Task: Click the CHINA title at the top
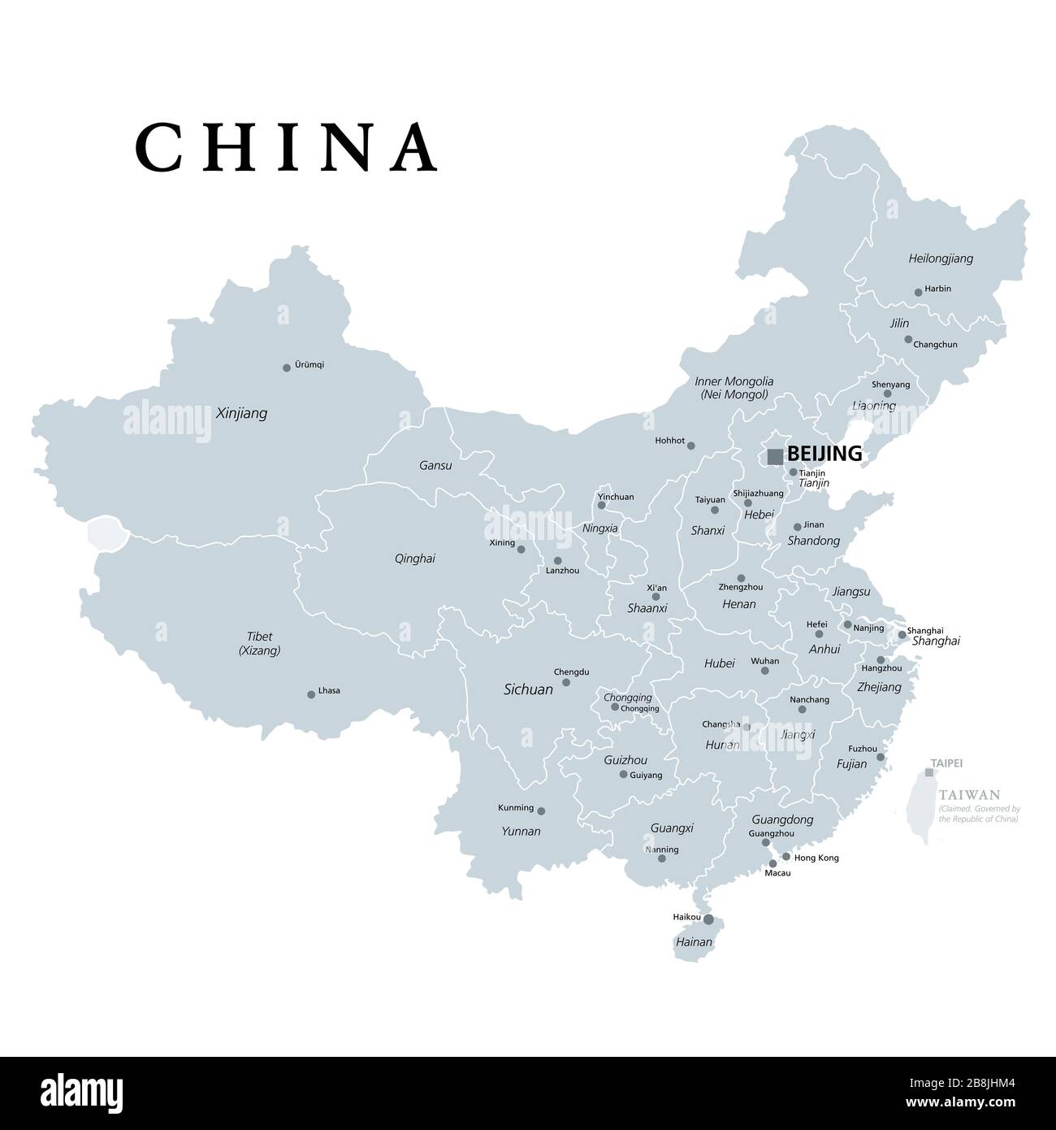click(x=287, y=147)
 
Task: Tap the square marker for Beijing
click(x=775, y=456)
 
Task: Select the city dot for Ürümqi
click(x=287, y=367)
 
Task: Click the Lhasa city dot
click(x=311, y=694)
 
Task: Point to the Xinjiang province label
click(x=241, y=414)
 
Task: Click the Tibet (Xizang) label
click(x=260, y=643)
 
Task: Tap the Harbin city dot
click(x=918, y=292)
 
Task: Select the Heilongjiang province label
click(x=940, y=259)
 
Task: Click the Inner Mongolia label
click(x=734, y=388)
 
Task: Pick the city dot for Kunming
click(x=541, y=811)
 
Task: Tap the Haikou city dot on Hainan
click(x=708, y=919)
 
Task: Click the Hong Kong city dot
click(x=786, y=857)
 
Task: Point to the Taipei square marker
click(x=929, y=772)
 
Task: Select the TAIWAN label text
click(x=969, y=795)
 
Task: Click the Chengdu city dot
click(x=566, y=682)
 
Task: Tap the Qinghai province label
click(x=414, y=558)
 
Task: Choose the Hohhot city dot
click(x=690, y=445)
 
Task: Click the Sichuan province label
click(x=528, y=689)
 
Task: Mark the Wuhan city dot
click(x=764, y=671)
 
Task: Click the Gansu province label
click(x=435, y=466)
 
